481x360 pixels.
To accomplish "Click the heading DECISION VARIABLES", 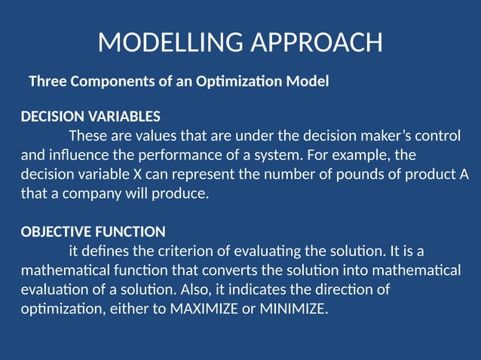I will tap(90, 117).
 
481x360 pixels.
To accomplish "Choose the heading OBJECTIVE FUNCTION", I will tap(93, 231).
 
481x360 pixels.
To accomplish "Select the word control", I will tap(438, 136).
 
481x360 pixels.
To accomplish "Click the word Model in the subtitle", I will tap(310, 81).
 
